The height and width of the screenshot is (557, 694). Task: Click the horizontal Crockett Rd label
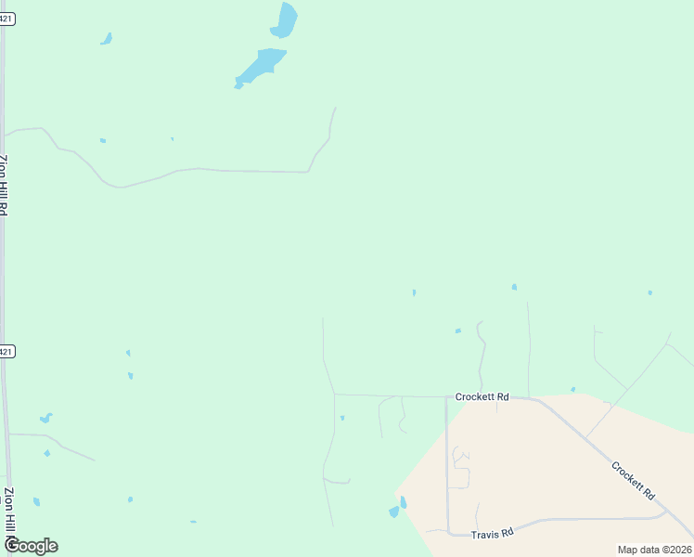click(482, 397)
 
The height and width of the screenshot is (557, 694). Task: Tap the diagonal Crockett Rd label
click(633, 480)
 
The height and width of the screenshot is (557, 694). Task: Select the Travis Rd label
click(493, 534)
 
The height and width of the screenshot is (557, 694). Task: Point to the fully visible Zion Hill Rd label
click(5, 186)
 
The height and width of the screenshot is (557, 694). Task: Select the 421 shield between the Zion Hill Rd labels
click(6, 352)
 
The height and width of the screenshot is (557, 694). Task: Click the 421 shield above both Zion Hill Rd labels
click(6, 19)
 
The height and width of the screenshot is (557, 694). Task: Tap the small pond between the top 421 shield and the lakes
click(107, 39)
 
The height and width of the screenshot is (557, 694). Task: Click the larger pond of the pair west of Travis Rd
click(394, 512)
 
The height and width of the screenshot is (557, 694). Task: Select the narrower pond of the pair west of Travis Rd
click(403, 502)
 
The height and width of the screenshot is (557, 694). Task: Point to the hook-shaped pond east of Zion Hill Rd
click(45, 418)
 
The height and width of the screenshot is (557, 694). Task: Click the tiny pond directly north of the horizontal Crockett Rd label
click(458, 330)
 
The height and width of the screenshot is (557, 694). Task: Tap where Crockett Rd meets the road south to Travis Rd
click(446, 397)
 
